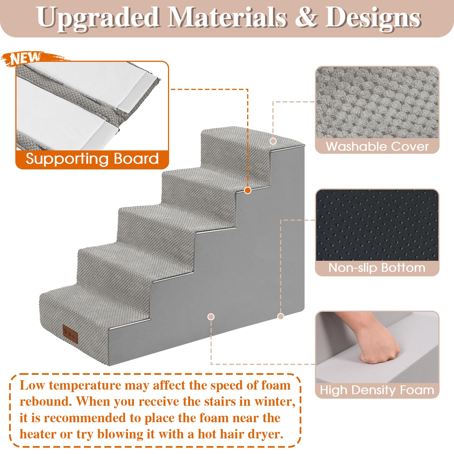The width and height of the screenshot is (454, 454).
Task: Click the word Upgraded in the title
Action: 98,18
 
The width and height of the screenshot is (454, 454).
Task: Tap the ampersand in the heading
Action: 306,17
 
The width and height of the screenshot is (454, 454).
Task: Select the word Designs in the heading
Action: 373,18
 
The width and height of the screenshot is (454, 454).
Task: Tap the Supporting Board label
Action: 92,159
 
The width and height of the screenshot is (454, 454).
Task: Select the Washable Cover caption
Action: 377,146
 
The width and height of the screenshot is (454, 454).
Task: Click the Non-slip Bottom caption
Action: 377,268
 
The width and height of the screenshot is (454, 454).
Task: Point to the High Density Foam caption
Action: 377,390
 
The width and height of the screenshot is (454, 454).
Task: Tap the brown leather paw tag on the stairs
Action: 70,334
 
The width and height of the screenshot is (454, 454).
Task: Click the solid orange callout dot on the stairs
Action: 248,190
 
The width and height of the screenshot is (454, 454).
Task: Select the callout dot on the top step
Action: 273,141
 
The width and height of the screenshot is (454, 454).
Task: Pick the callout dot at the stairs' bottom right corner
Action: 281,316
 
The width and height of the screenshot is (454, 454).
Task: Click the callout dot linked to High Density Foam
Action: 211,317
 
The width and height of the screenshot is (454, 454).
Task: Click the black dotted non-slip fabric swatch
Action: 377,225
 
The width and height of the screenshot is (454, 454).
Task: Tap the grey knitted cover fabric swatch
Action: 377,103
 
